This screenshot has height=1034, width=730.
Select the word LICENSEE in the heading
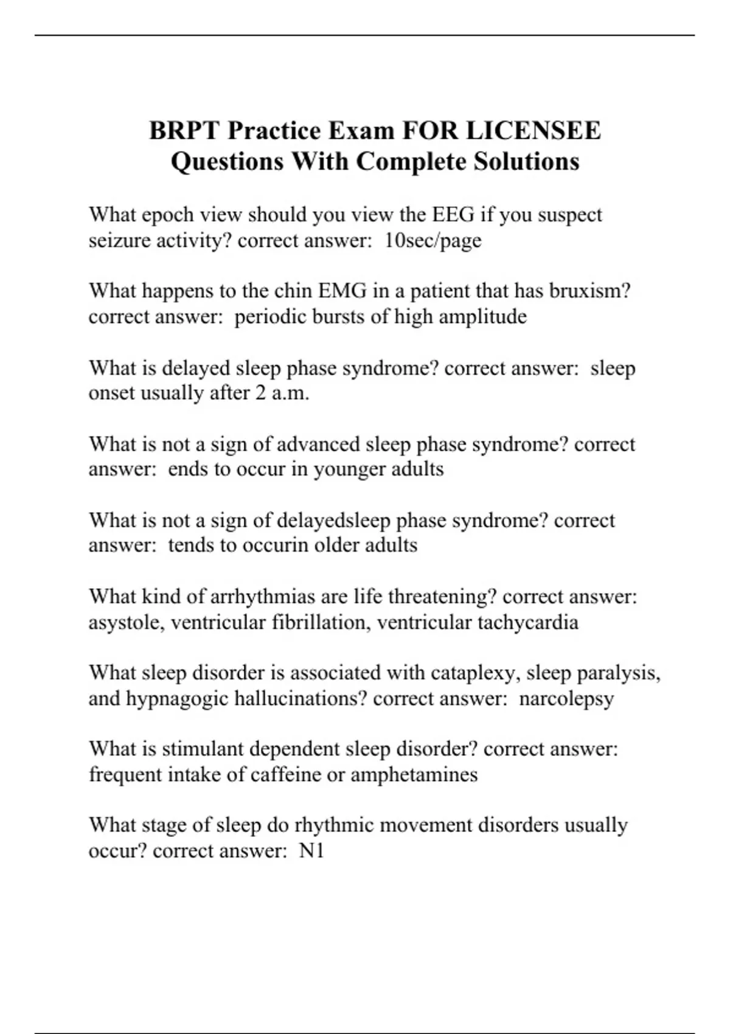[x=533, y=131]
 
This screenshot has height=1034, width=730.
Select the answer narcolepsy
[x=566, y=698]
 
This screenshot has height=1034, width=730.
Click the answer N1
[x=311, y=851]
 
